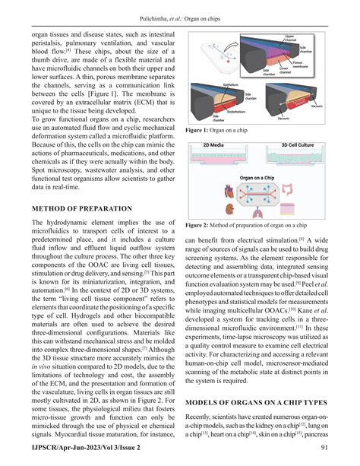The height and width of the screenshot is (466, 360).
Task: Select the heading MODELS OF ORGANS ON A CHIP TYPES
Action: [263, 401]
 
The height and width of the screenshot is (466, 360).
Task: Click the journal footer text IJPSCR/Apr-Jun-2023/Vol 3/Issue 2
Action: [90, 453]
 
